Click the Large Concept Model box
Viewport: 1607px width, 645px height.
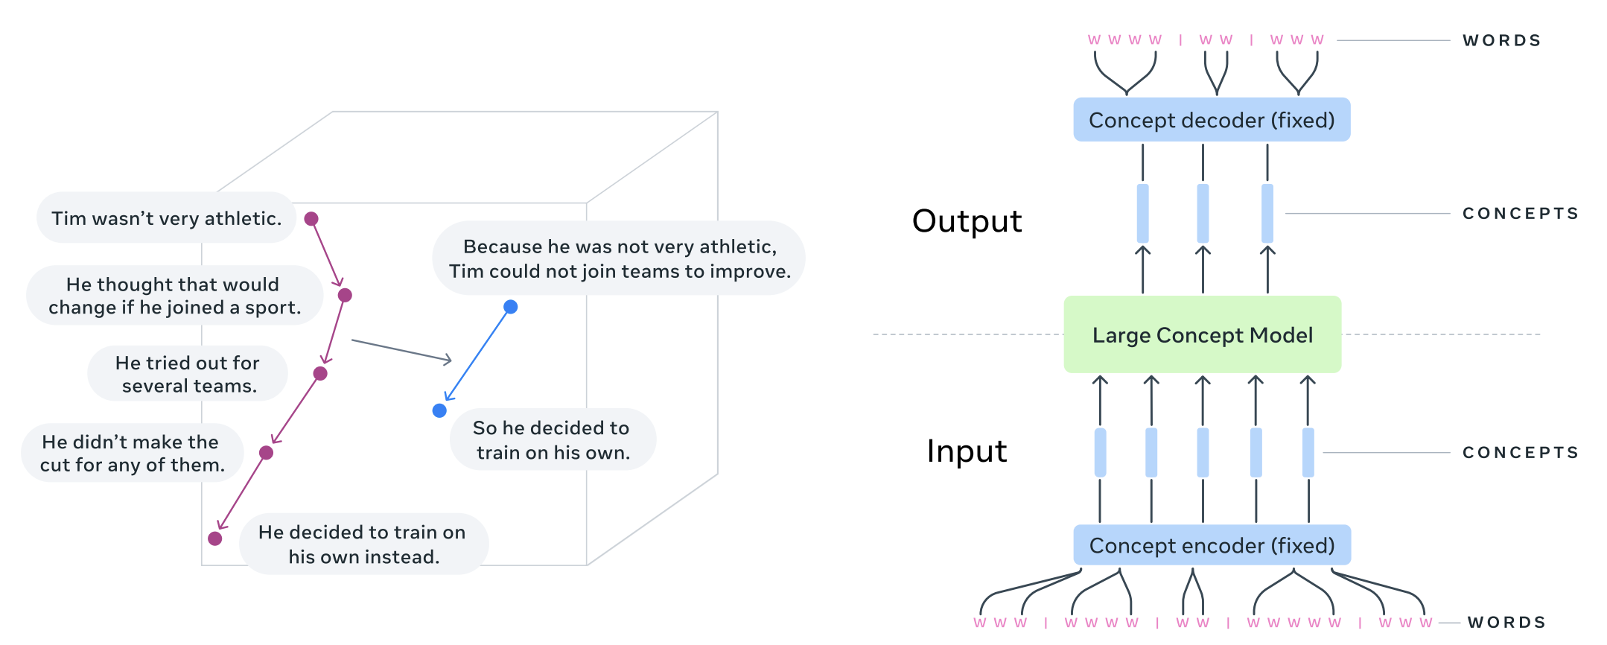(x=1202, y=334)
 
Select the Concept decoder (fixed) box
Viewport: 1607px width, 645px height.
(x=1212, y=120)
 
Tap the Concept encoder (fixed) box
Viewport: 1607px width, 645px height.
(x=1212, y=545)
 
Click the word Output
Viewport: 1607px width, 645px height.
(x=967, y=221)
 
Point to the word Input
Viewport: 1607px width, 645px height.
(x=967, y=451)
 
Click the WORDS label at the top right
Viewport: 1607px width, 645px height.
(x=1501, y=40)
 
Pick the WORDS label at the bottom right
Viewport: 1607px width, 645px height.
(x=1506, y=622)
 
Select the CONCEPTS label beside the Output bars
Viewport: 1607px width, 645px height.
(x=1520, y=214)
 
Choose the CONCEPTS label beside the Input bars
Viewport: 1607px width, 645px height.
(x=1520, y=452)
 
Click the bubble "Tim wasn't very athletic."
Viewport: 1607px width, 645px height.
(x=166, y=218)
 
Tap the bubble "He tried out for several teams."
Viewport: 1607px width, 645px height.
(x=188, y=374)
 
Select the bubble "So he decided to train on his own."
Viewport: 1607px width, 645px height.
(x=552, y=439)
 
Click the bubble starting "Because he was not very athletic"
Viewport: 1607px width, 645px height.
(x=619, y=258)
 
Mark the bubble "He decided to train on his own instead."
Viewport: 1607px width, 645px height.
(x=363, y=544)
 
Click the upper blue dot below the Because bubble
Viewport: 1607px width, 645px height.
(x=510, y=307)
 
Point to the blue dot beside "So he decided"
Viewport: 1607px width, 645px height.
(x=439, y=410)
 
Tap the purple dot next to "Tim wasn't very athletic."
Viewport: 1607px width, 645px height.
(x=311, y=219)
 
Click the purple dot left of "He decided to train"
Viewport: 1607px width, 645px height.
(x=215, y=538)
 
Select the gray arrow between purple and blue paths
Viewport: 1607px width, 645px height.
(x=401, y=351)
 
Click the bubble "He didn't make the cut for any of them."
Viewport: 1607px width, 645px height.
(x=132, y=453)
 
